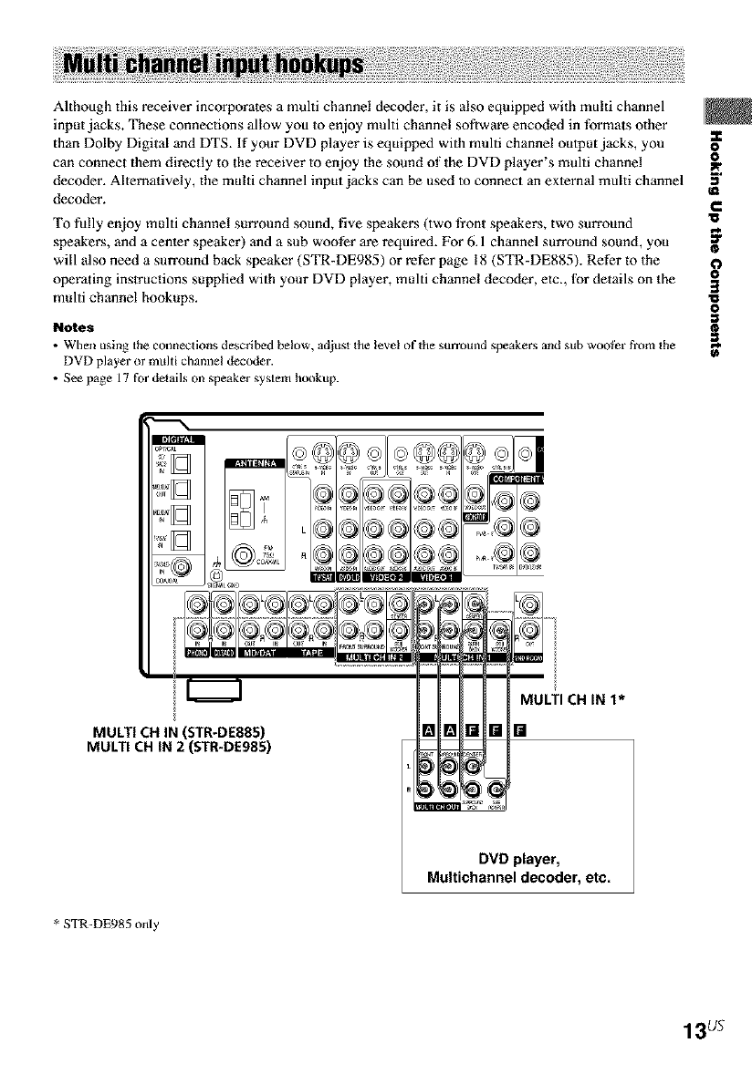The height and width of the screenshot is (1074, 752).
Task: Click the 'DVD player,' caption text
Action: coord(517,859)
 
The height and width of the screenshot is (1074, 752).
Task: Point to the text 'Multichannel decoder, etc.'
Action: coord(517,879)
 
